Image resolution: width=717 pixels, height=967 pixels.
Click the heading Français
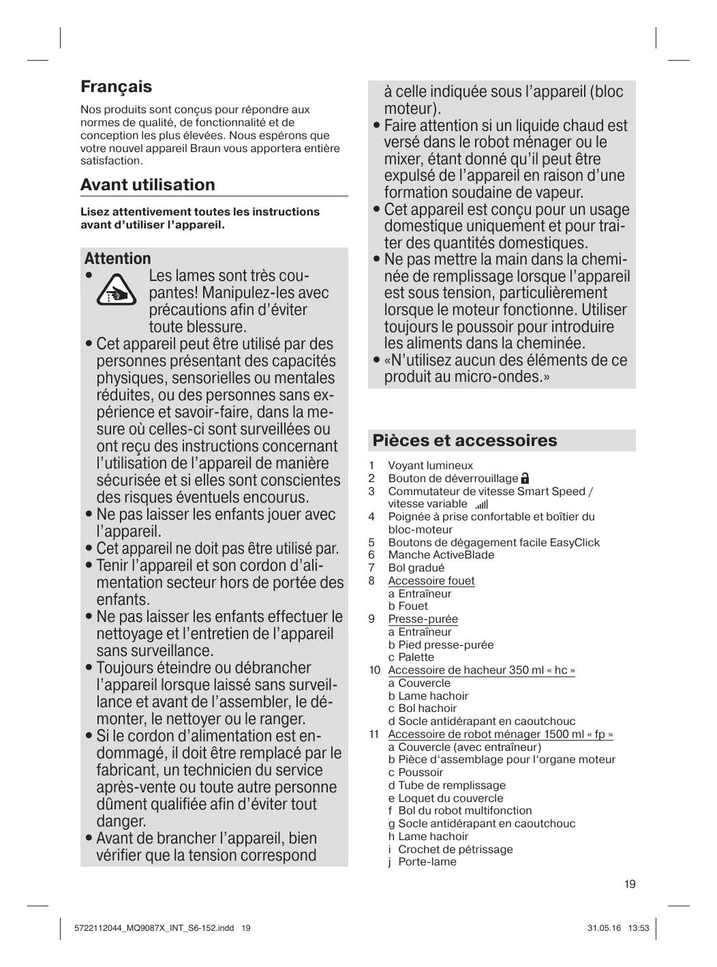[x=116, y=87]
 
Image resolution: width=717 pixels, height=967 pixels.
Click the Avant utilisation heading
[x=147, y=185]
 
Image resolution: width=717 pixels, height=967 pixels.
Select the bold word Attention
[x=117, y=258]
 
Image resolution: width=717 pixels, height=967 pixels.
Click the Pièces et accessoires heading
[x=464, y=441]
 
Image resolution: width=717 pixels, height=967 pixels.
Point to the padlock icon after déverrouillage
[x=525, y=479]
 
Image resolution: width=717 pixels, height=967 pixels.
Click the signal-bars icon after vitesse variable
[x=482, y=505]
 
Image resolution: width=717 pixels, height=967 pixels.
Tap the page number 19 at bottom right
[x=629, y=884]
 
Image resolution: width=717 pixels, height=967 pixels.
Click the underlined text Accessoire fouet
[x=431, y=581]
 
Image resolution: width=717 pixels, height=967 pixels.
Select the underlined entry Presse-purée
[x=423, y=619]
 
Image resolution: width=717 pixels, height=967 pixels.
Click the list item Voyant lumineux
[x=430, y=466]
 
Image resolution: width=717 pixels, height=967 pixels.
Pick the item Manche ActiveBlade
[x=441, y=555]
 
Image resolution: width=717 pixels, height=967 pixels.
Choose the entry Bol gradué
[x=416, y=568]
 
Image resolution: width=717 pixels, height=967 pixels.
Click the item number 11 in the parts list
[x=373, y=734]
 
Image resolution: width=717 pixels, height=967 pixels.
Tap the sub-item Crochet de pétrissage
[x=455, y=850]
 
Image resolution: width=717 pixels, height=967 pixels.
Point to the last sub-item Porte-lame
[x=427, y=862]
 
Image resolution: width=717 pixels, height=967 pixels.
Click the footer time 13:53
[x=639, y=928]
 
